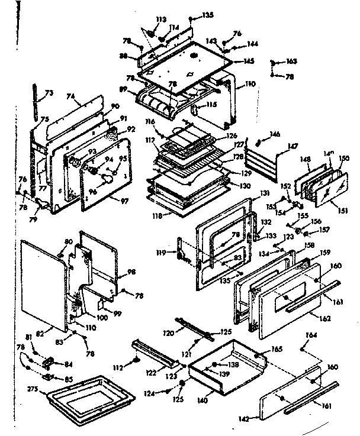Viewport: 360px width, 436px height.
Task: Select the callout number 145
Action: (x=248, y=60)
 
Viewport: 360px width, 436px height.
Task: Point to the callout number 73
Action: (x=49, y=93)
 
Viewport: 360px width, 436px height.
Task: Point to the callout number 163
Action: (x=291, y=62)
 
